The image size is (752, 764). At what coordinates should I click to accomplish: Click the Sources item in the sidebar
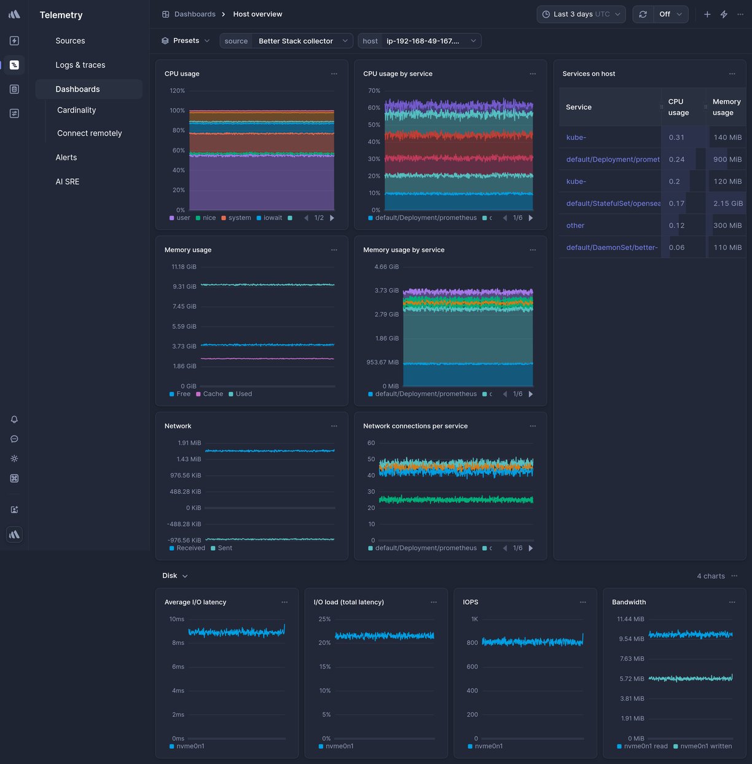(70, 41)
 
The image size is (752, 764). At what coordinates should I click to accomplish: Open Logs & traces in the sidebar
(80, 65)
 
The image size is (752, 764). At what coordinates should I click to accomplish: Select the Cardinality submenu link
(76, 110)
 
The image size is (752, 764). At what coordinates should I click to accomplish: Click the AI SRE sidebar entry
(67, 181)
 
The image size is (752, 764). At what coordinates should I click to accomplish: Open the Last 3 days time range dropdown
(581, 14)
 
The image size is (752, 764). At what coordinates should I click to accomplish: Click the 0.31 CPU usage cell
(676, 137)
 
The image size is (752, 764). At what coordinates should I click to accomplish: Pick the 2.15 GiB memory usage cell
(727, 203)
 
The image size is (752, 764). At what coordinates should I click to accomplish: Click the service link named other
(575, 226)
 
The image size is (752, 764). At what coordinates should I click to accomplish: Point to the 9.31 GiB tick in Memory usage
(184, 286)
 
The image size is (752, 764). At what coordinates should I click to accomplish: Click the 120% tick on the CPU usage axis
(177, 90)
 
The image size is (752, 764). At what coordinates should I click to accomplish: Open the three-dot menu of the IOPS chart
(582, 602)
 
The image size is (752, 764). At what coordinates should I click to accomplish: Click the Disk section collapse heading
(174, 576)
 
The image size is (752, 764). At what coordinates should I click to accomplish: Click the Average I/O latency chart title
(195, 602)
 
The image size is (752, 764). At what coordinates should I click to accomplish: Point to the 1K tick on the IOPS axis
(474, 619)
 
